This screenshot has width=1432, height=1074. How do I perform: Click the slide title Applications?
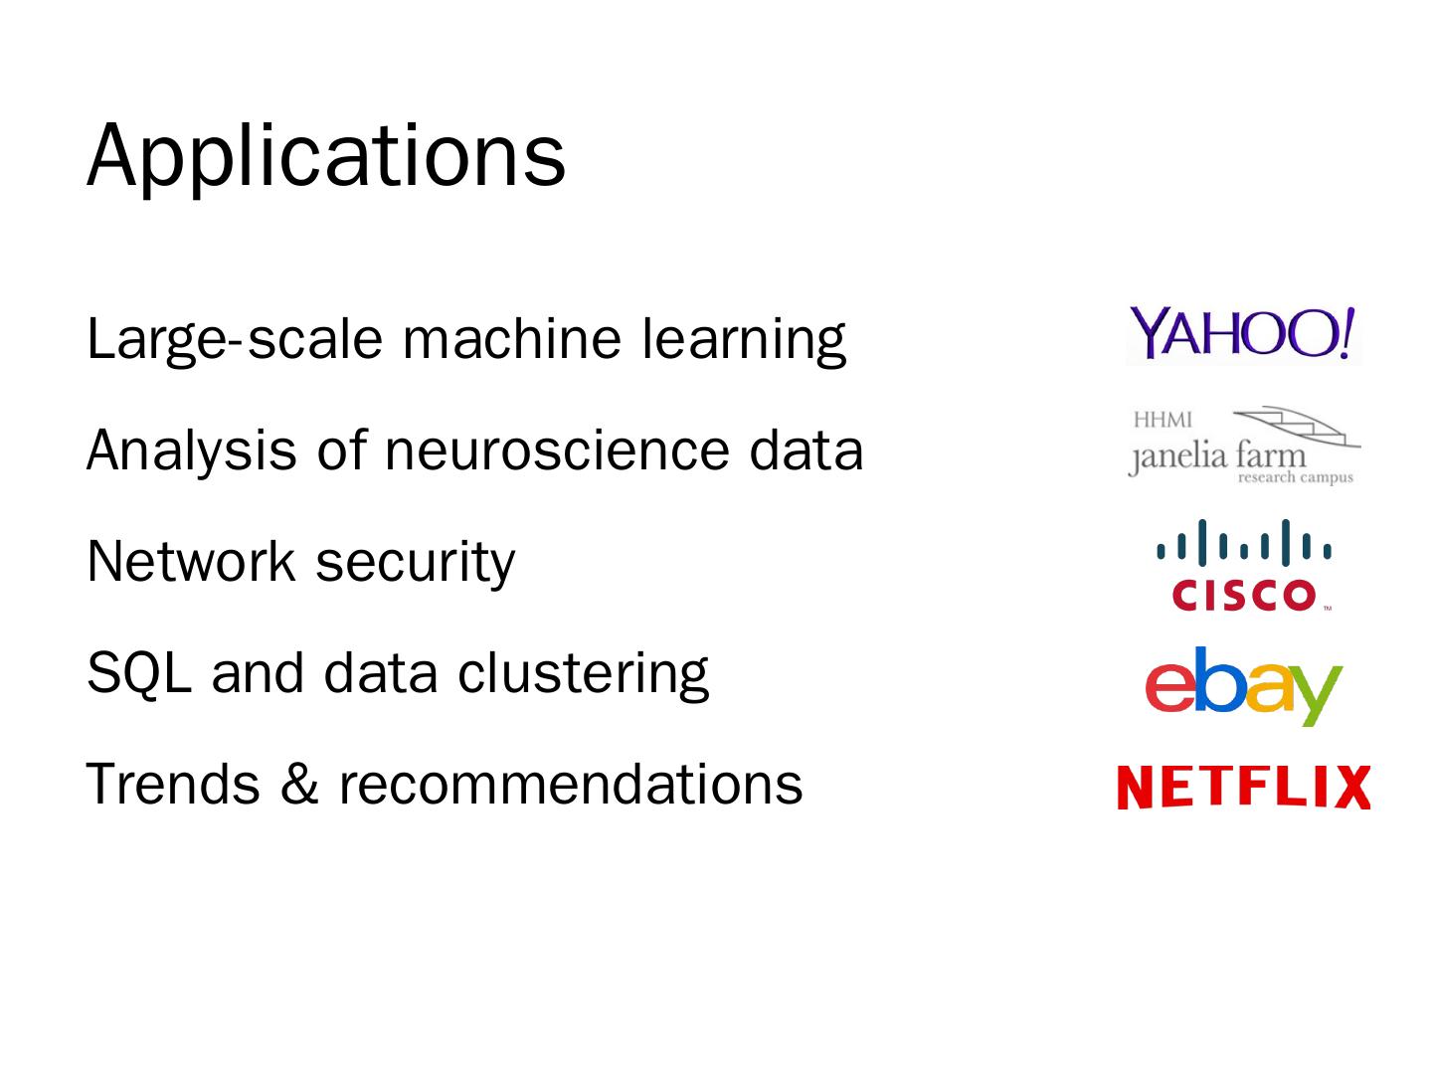326,155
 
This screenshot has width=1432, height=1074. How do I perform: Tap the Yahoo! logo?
1243,334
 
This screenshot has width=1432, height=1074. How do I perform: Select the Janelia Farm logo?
1243,447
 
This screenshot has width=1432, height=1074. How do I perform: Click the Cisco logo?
1244,564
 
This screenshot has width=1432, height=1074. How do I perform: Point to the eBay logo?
1243,685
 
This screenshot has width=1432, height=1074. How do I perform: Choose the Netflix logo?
1243,788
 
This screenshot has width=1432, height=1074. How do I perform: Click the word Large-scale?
234,339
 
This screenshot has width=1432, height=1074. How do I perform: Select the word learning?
743,339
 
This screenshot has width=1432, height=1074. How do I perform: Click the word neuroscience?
556,449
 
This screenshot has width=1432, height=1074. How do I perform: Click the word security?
415,563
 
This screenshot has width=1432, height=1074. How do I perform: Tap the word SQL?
138,673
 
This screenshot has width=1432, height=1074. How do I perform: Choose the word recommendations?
570,784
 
